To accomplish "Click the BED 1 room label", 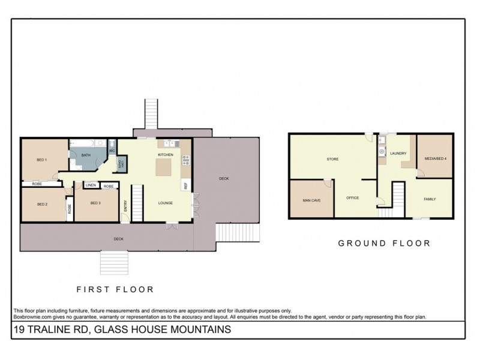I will click(x=41, y=160).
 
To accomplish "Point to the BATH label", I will click(x=86, y=155).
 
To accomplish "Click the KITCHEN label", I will click(x=166, y=155).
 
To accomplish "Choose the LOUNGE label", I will click(x=166, y=203).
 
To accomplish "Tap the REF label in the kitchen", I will click(x=185, y=186).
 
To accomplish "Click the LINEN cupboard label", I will click(x=91, y=186).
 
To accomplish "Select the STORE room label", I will click(x=332, y=159).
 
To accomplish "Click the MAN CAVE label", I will click(x=310, y=200).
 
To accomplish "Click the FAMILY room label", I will click(x=430, y=199).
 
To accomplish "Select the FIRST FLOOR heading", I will click(x=115, y=289).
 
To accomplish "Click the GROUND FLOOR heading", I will click(x=385, y=244).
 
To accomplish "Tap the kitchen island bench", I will click(x=166, y=169).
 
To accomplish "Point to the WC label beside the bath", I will click(x=112, y=150).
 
